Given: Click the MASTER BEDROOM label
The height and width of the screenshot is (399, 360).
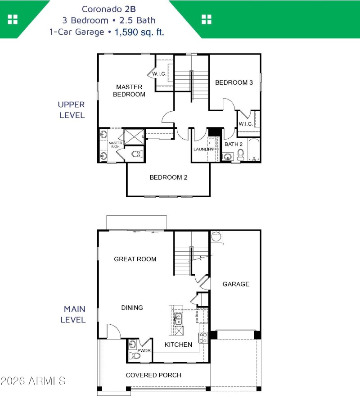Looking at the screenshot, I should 129,91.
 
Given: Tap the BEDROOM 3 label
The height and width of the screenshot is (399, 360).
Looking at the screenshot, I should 234,82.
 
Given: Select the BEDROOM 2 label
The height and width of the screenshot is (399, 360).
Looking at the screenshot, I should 168,177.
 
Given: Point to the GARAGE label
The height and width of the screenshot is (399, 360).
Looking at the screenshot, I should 236,284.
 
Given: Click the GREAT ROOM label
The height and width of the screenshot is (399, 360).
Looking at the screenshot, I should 135,259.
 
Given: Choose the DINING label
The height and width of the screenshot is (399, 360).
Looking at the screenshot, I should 132,308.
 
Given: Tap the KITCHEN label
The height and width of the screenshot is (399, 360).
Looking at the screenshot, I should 178,345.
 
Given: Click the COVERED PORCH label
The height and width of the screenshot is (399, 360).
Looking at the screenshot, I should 153,375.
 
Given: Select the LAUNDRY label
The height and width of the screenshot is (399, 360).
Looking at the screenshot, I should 203,149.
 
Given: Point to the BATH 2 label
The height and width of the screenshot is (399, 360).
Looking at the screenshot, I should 234,145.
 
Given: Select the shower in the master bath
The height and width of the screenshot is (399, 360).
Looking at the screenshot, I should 134,136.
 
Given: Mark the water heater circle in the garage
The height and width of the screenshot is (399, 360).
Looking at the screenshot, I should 216,237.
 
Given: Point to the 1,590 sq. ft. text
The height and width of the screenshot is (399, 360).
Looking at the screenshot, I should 139,32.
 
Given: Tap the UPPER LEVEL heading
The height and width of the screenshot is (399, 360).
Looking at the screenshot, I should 71,109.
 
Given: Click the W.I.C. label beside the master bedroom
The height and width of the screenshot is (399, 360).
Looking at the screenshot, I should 159,74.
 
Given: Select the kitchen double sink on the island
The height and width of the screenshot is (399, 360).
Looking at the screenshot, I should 178,319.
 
